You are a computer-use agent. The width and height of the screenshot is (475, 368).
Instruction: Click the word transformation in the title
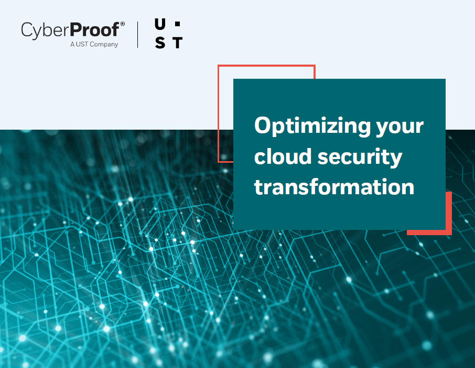(334, 187)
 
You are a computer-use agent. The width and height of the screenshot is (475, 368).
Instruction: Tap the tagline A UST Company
(94, 45)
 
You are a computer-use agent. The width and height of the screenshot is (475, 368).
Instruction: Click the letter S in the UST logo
(160, 43)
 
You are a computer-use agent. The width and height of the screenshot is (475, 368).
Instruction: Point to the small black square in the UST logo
(177, 24)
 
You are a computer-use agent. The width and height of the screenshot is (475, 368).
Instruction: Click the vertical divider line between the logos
(138, 34)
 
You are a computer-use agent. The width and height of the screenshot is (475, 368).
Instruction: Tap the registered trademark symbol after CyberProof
(123, 24)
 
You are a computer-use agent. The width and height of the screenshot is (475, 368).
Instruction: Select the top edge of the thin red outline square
(266, 66)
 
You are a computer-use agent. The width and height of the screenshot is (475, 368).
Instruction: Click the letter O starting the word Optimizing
(263, 126)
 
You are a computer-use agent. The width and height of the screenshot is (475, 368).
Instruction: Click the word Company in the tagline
(104, 45)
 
